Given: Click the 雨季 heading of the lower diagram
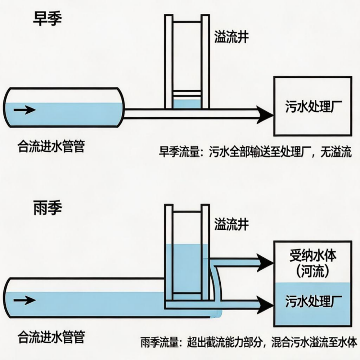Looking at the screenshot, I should click(x=47, y=208).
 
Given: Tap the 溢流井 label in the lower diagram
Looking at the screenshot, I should click(x=231, y=223).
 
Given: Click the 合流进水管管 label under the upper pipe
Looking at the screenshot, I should click(x=51, y=146).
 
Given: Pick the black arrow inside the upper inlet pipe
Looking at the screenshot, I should click(x=24, y=110).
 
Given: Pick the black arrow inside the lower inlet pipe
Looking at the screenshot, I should click(x=24, y=300).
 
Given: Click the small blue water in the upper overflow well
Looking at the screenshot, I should click(x=187, y=104).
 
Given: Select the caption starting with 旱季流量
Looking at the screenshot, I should click(x=255, y=153).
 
